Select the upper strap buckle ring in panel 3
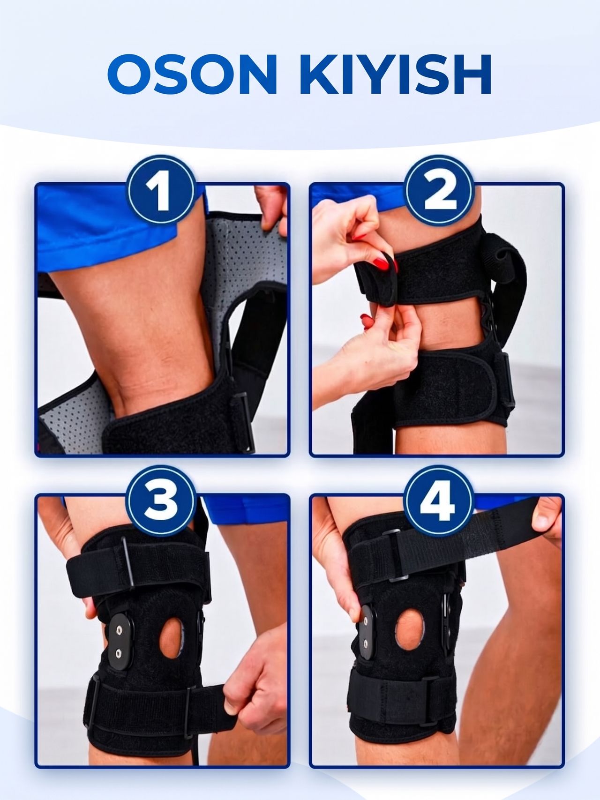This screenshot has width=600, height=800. (128, 563)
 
